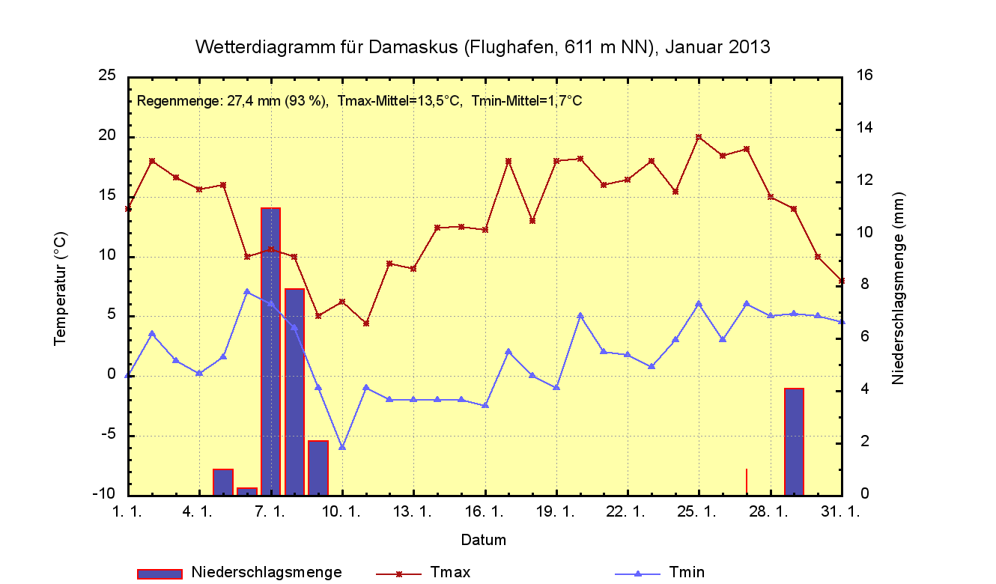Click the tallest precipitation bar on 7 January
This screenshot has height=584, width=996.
[270, 352]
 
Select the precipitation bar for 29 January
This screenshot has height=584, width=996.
[794, 442]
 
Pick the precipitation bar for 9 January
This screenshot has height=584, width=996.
[318, 468]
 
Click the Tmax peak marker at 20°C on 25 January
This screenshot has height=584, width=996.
[699, 137]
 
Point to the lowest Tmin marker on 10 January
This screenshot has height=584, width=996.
[342, 447]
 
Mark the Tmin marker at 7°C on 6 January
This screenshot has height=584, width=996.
[247, 291]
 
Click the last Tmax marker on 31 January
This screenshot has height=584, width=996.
[842, 281]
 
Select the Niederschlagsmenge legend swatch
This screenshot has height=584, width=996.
[160, 574]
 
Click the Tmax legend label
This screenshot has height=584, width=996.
[451, 573]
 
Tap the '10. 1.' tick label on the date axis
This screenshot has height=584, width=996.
[342, 511]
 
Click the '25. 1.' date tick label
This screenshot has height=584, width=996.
[699, 511]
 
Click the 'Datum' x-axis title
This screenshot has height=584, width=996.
[483, 540]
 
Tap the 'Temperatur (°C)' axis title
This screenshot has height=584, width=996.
[61, 288]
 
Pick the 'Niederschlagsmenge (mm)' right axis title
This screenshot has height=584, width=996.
[898, 288]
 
